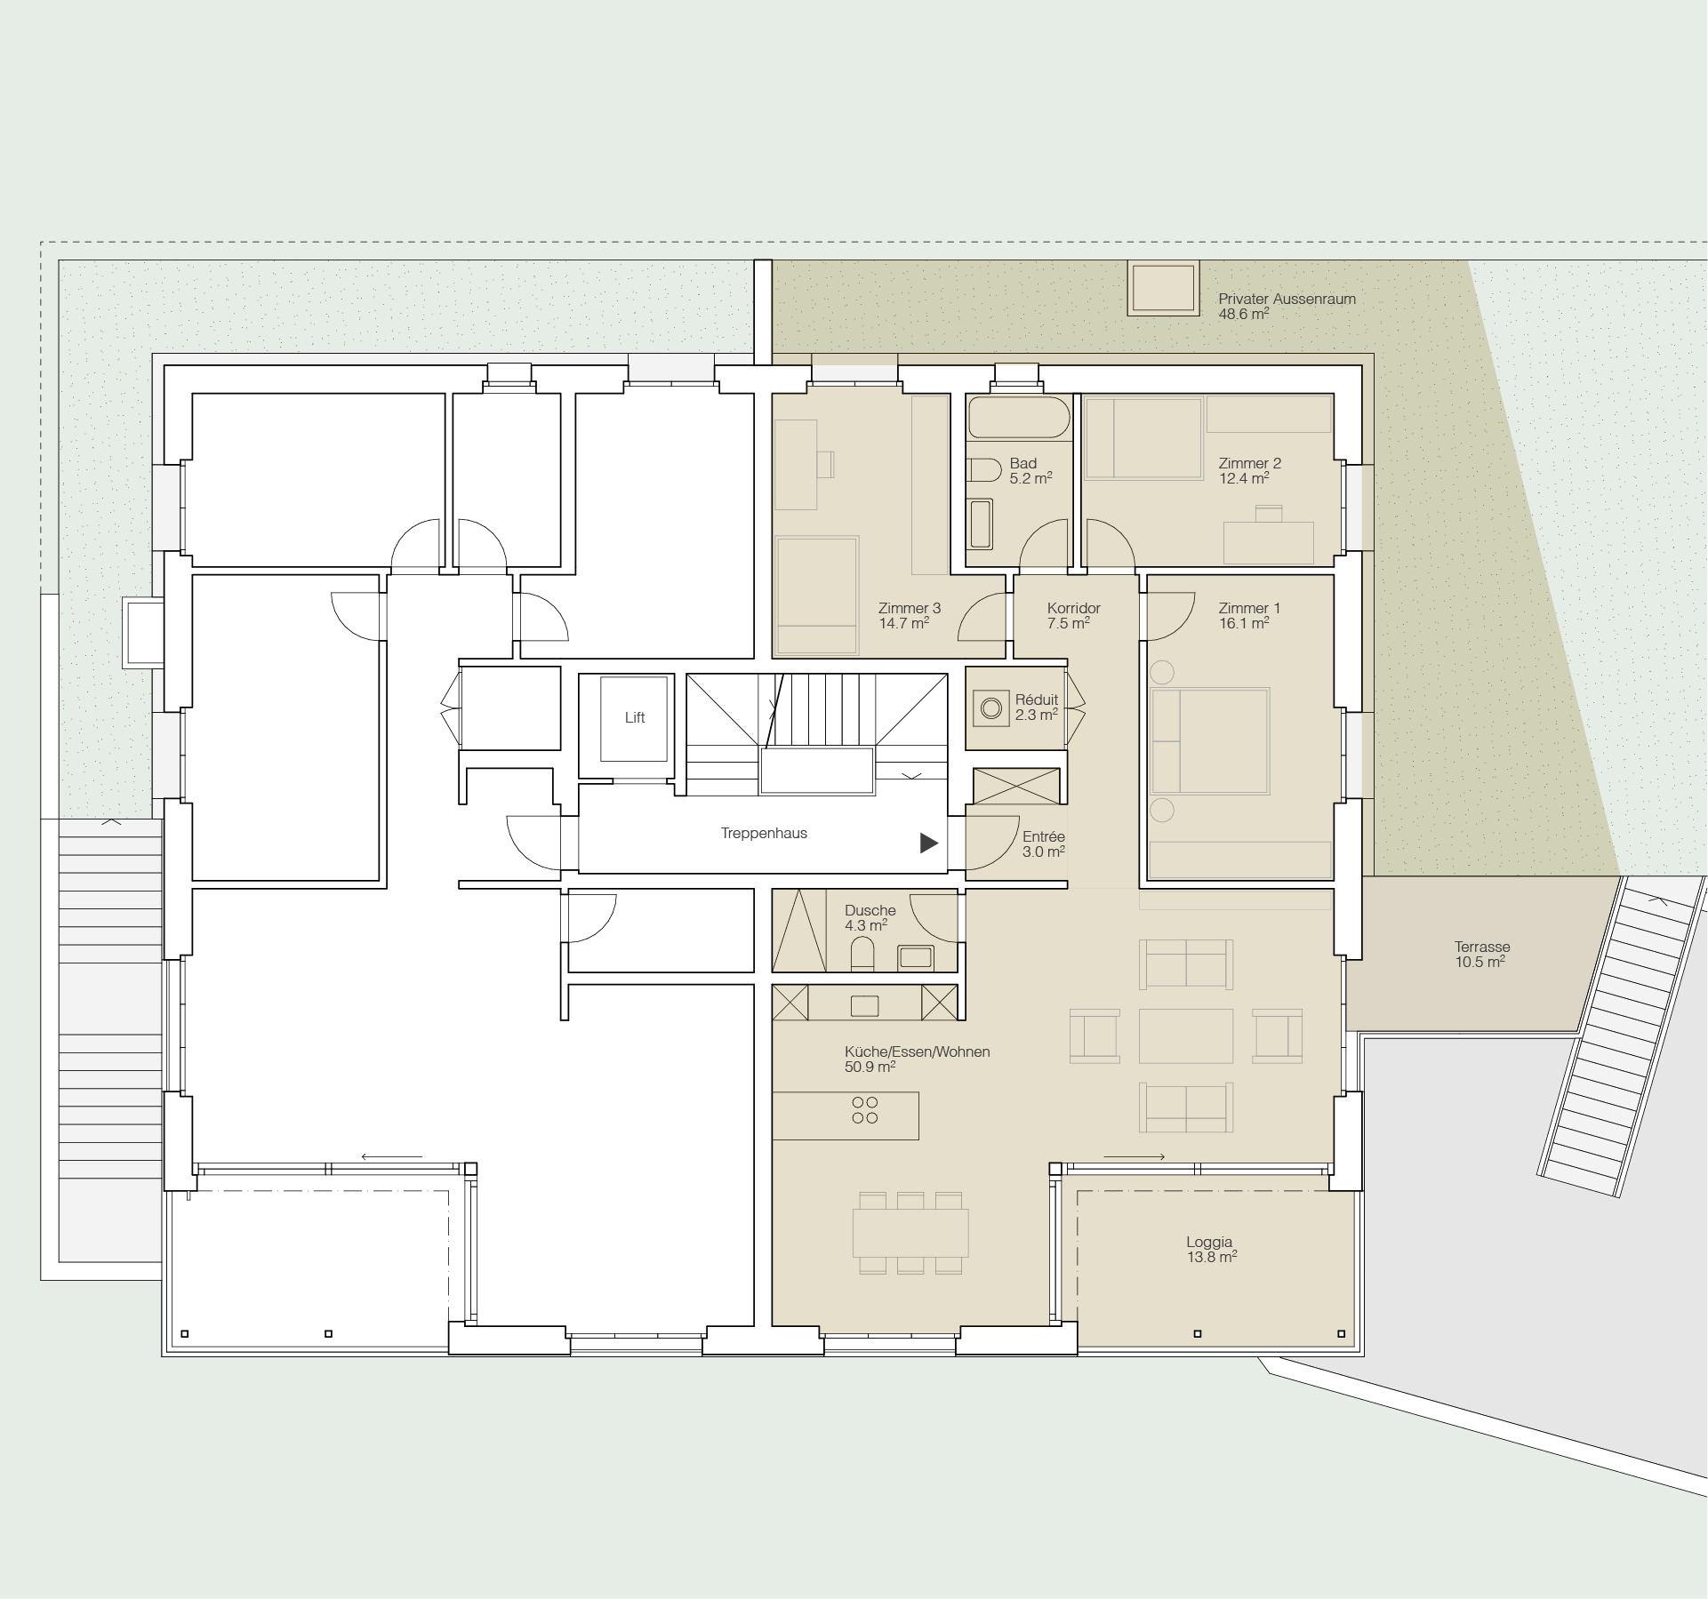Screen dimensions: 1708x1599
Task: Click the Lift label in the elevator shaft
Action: click(x=635, y=717)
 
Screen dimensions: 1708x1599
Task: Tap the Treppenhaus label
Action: click(x=764, y=834)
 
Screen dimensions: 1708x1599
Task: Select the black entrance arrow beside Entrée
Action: click(x=929, y=843)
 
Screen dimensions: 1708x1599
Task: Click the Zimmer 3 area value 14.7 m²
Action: click(x=903, y=623)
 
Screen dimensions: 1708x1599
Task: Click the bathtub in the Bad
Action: click(x=1019, y=417)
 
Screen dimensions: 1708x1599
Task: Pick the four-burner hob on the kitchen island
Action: click(x=864, y=1110)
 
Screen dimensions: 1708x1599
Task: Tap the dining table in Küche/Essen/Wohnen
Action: click(x=910, y=1232)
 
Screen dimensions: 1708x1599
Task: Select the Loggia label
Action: click(x=1209, y=1242)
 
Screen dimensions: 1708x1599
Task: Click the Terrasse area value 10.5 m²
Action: click(x=1479, y=962)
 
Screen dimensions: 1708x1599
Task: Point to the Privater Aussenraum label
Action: click(x=1287, y=299)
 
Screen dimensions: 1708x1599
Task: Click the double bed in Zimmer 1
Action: click(x=1210, y=740)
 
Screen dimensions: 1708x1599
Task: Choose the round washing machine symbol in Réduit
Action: click(x=991, y=708)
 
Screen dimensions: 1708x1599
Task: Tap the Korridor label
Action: click(x=1073, y=608)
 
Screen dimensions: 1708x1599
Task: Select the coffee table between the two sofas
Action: click(x=1186, y=1035)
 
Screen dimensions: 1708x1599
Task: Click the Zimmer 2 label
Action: click(x=1249, y=463)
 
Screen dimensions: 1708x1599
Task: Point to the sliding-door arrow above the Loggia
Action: click(x=1134, y=1156)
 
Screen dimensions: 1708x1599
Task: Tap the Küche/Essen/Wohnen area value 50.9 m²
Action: click(x=870, y=1067)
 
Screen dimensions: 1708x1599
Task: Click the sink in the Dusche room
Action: click(x=916, y=956)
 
